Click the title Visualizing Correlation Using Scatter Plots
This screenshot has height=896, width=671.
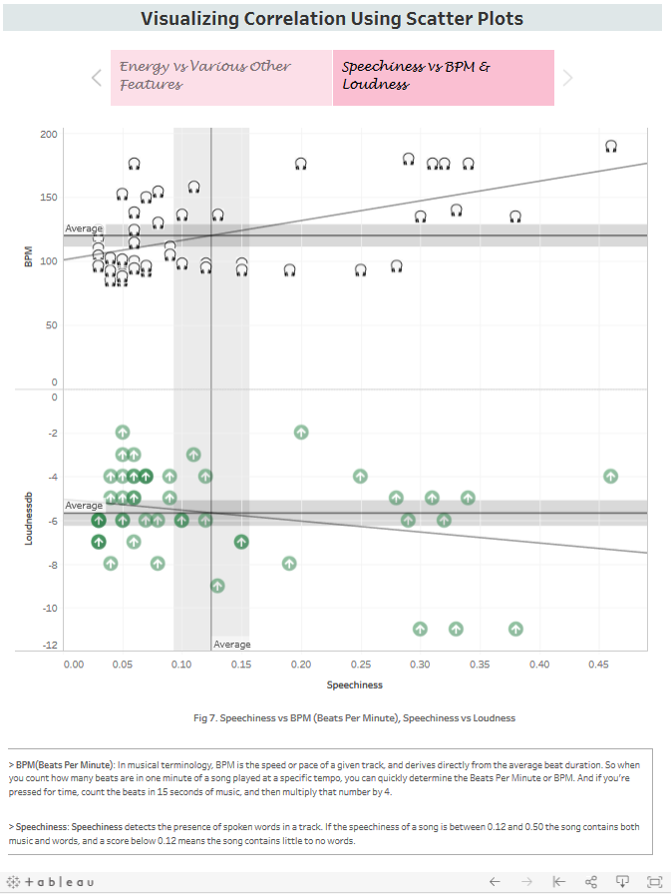coord(331,18)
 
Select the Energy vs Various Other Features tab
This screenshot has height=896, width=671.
coord(220,77)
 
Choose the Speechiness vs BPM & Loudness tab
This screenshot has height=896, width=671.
coord(443,77)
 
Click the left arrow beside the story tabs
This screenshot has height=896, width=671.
coord(96,77)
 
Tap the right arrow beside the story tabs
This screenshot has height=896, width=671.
coord(567,77)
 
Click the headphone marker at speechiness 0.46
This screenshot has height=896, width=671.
coord(611,147)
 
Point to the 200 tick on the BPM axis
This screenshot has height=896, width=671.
coord(48,134)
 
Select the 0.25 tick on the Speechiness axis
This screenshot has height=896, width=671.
coord(360,664)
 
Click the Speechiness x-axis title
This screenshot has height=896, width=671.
coord(354,685)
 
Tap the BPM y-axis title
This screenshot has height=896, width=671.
coord(29,256)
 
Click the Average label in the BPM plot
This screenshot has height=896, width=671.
coord(84,228)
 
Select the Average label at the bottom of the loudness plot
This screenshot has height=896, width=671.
coord(232,645)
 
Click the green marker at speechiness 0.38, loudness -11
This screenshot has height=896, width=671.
coord(515,629)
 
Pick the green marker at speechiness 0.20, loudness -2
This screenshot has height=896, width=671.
coord(301,432)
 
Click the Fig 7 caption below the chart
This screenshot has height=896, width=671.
coord(354,717)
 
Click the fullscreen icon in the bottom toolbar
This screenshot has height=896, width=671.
coord(654,882)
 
